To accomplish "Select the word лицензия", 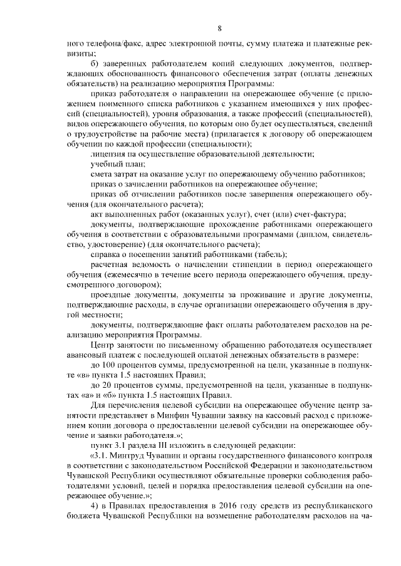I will (x=110, y=154).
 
